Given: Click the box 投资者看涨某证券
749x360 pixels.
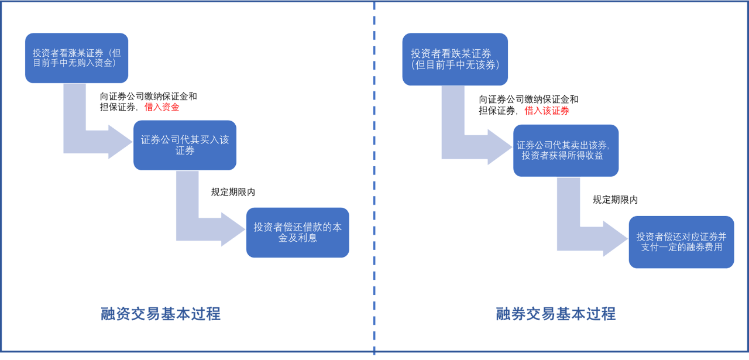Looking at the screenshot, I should point(76,57).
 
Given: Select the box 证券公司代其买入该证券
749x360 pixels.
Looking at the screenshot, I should point(184,145).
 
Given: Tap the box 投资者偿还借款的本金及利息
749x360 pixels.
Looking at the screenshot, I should point(297,232).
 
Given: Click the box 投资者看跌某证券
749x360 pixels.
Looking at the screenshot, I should point(455,59).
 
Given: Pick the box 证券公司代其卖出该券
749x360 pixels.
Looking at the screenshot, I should point(565,150).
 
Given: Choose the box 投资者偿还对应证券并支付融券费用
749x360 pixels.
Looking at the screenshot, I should point(681,242).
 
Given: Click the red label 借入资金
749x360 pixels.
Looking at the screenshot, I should point(162,107).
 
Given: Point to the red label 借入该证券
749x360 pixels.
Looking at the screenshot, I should point(547,111).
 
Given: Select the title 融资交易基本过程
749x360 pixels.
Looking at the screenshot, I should point(160,314).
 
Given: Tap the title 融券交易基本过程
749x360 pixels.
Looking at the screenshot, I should point(556,314).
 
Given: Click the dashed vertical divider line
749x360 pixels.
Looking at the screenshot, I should point(374,176).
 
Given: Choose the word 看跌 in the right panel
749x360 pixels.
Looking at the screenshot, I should point(452,54).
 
